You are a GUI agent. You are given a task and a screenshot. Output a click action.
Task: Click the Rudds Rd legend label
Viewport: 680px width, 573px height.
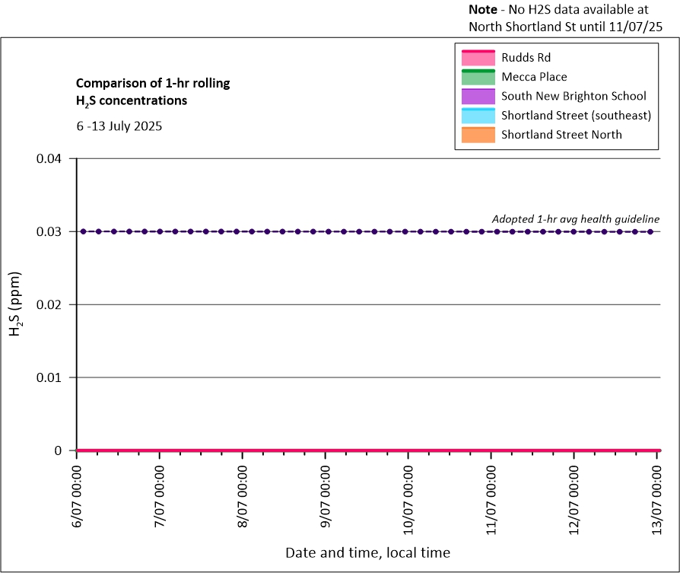tap(526, 57)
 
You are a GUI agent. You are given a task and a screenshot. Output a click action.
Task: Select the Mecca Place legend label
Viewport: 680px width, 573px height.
tap(534, 77)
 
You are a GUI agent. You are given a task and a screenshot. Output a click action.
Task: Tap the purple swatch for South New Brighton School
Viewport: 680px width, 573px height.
tap(477, 97)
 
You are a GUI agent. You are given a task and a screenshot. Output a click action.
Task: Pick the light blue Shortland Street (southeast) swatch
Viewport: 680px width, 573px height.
tap(477, 116)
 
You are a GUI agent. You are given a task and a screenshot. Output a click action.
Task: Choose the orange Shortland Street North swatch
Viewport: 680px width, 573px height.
tap(477, 135)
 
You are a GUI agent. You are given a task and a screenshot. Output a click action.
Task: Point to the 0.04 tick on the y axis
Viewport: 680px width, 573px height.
tap(54, 159)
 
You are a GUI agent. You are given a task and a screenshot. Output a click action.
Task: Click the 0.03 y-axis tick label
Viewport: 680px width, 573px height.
tap(54, 232)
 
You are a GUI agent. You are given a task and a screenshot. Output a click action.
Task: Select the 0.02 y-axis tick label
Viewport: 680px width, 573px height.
tap(54, 304)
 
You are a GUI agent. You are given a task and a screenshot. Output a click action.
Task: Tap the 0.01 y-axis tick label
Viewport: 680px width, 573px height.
tap(54, 377)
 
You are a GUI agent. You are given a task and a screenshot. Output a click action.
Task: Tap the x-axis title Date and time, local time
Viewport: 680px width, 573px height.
tap(367, 552)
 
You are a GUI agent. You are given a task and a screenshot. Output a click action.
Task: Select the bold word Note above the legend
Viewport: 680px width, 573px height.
tap(483, 11)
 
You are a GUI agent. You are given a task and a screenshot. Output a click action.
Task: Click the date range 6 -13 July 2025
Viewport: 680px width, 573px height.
tap(118, 126)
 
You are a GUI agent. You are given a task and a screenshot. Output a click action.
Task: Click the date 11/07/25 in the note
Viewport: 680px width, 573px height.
tap(637, 27)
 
